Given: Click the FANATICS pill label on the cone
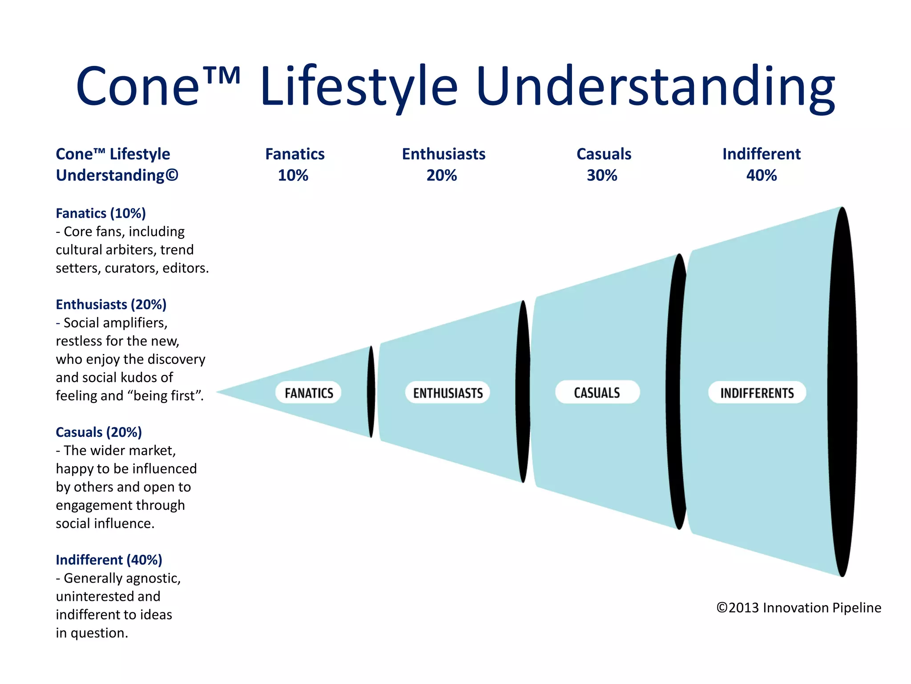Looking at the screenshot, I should pos(308,393).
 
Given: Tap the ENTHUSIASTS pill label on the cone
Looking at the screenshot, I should pos(447,393).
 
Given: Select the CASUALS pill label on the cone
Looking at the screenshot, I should pos(597,392).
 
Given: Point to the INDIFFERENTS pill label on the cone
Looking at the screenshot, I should pos(757,393).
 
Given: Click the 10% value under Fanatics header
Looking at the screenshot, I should pos(293,175).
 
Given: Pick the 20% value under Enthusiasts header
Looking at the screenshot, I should pos(441,175).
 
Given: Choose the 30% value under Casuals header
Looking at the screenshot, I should pos(602,175).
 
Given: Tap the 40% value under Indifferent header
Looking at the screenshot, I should pos(761,175).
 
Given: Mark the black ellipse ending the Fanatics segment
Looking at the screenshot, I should pos(371,392).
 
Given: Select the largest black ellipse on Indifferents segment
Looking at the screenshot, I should pos(842,392).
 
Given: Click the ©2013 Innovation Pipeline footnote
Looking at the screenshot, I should pos(798,608).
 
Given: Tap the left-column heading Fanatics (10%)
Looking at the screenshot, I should pos(101,213).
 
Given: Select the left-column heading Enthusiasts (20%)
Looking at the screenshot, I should pos(111,305).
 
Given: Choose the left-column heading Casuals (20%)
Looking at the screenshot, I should pos(99,432).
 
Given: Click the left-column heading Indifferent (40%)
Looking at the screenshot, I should pos(109,560).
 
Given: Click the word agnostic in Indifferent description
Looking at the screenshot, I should pos(152,578).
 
